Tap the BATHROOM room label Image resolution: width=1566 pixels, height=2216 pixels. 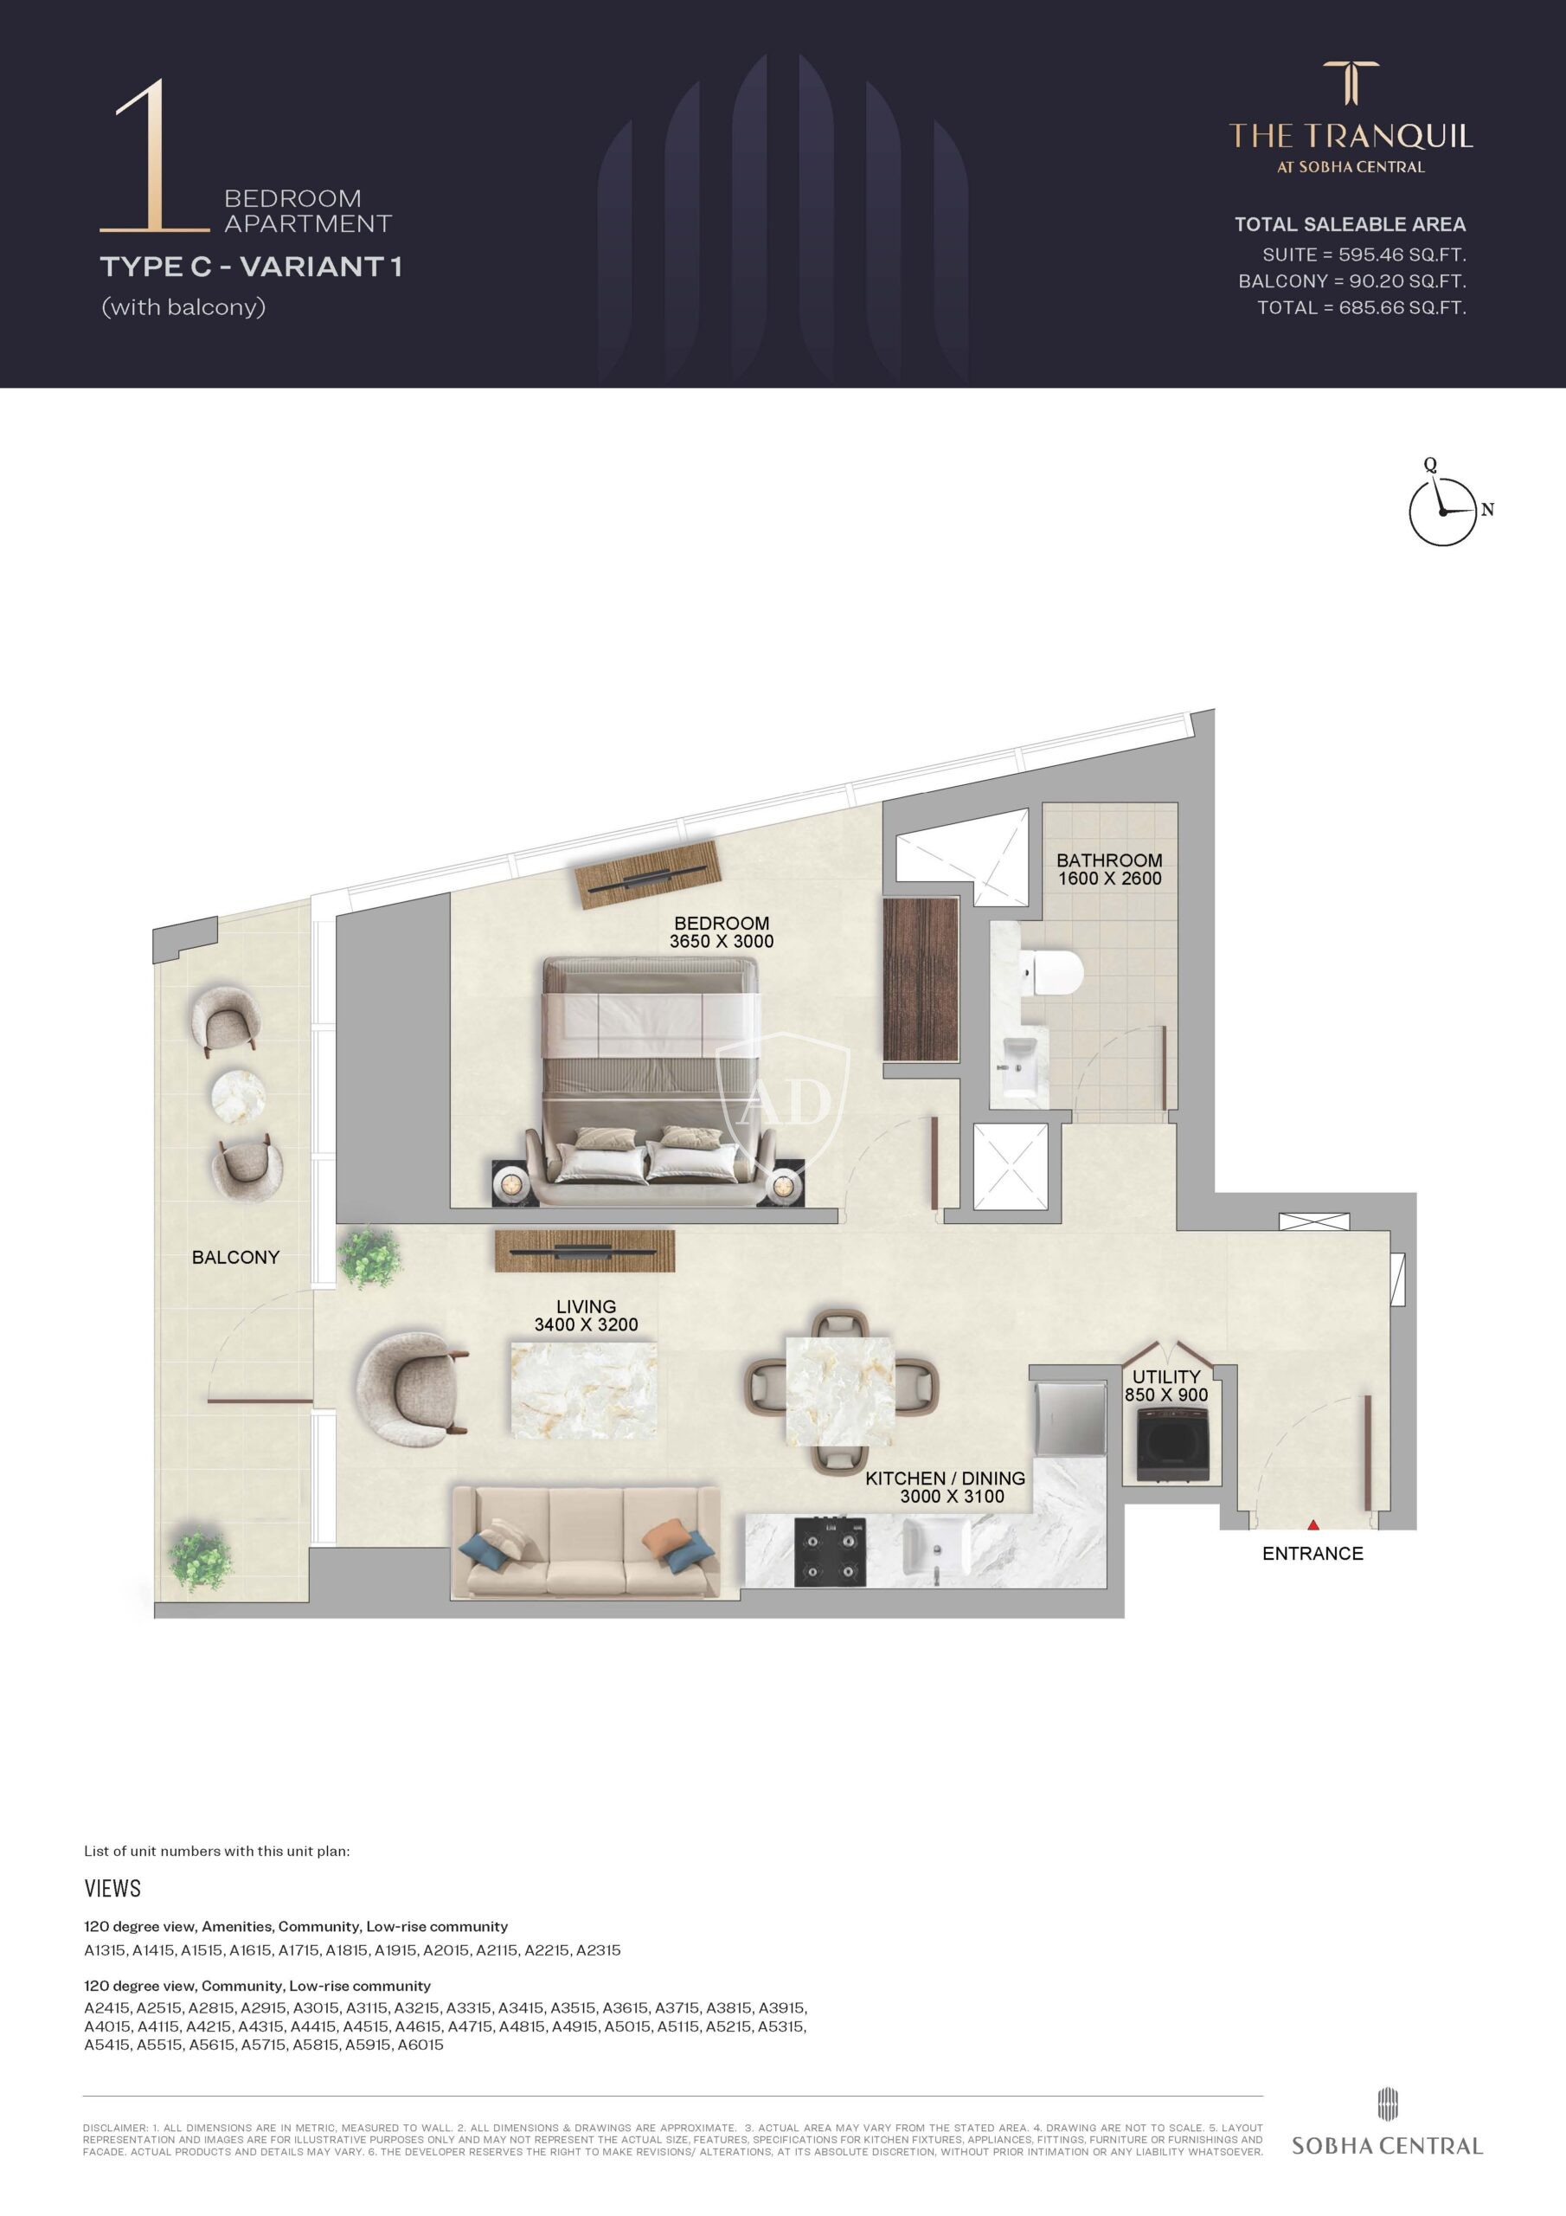(x=1110, y=860)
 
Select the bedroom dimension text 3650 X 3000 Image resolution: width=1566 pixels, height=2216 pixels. (x=722, y=941)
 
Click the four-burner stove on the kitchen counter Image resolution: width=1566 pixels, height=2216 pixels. (x=830, y=1551)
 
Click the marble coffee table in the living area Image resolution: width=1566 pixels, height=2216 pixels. (x=585, y=1391)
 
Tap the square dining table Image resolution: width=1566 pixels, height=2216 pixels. (x=840, y=1390)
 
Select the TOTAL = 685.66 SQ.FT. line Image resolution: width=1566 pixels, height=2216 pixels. (x=1362, y=308)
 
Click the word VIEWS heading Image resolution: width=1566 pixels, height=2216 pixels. (x=112, y=1888)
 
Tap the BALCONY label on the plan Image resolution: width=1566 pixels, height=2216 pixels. (x=235, y=1257)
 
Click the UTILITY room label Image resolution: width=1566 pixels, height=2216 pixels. (x=1166, y=1376)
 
